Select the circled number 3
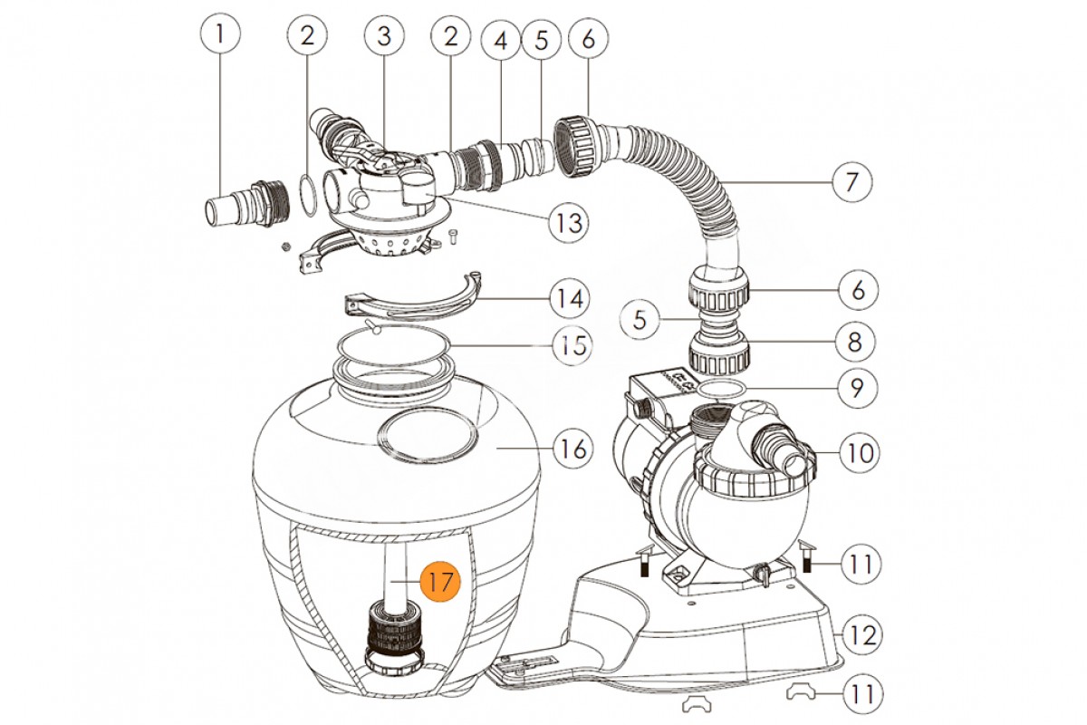point(383,36)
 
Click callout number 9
point(856,390)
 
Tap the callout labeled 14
point(568,296)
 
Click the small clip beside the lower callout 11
point(803,692)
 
